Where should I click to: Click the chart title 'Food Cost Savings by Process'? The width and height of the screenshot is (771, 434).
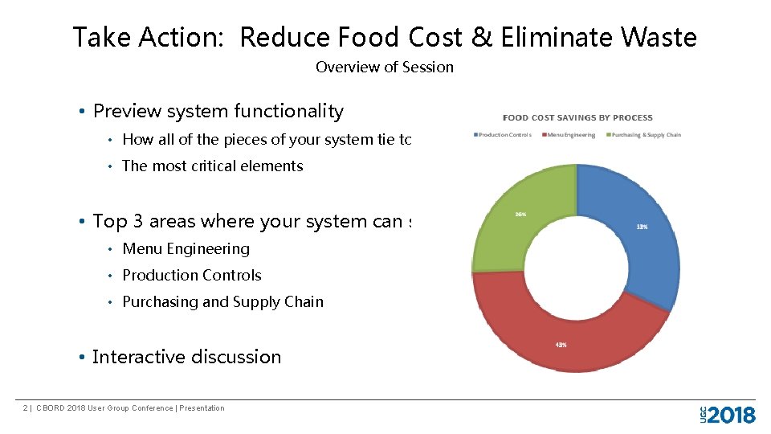[x=577, y=118]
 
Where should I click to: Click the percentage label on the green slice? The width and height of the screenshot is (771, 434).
[x=520, y=215]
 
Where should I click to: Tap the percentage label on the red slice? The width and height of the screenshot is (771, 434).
[x=561, y=345]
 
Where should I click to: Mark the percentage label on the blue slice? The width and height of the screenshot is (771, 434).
[x=642, y=227]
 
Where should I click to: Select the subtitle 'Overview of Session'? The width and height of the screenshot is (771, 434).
[x=384, y=68]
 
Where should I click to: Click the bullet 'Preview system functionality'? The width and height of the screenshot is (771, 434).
[x=218, y=112]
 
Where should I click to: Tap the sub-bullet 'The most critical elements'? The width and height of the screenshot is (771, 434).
[x=212, y=166]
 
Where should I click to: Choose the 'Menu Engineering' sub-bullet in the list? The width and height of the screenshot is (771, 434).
[x=186, y=249]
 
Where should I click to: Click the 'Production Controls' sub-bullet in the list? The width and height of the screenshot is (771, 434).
[x=191, y=276]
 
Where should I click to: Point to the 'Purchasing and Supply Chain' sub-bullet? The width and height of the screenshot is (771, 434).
[x=222, y=302]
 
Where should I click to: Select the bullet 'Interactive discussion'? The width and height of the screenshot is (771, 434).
[x=186, y=357]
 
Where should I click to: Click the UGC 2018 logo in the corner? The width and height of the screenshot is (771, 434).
[x=727, y=415]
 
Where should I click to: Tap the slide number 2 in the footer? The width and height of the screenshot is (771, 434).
[x=26, y=408]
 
